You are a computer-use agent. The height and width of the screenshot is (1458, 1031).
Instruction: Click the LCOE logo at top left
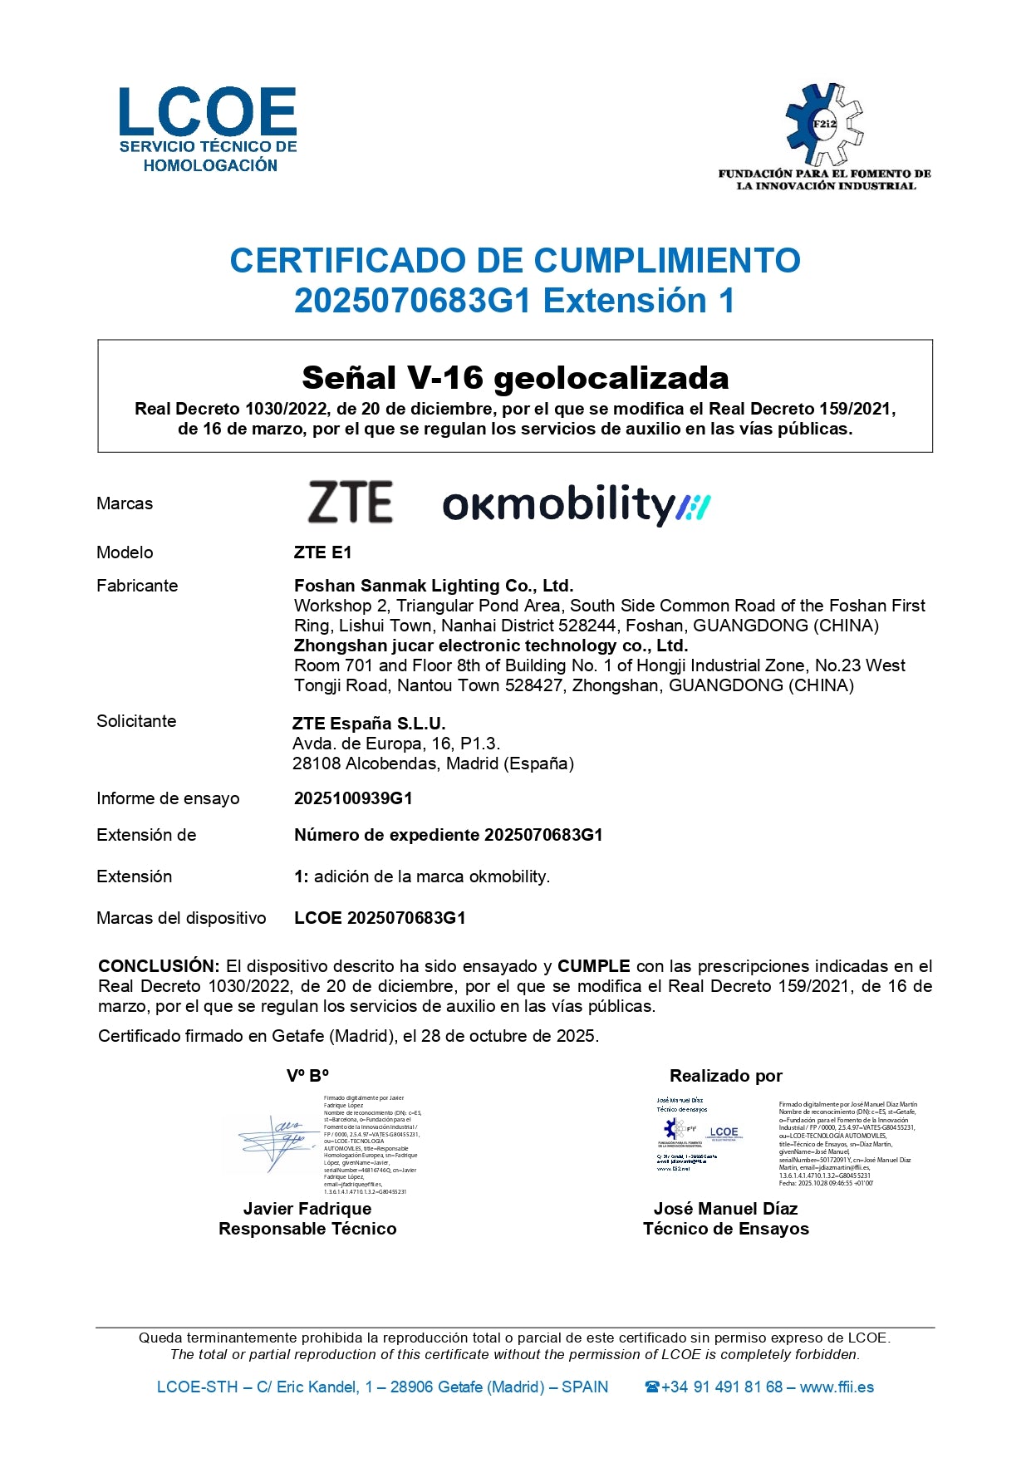point(208,129)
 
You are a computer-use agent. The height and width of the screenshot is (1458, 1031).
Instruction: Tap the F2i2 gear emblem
point(824,124)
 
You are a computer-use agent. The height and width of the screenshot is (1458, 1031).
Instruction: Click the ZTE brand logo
point(350,502)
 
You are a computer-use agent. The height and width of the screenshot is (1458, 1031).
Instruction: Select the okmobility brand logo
point(576,504)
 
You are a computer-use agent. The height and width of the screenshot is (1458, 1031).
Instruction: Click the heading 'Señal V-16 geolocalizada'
point(515,378)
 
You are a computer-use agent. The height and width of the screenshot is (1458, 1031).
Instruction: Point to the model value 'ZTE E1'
point(322,552)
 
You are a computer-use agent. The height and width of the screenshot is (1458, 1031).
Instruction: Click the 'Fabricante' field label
point(137,586)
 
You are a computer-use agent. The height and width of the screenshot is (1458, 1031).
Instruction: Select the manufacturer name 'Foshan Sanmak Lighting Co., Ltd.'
point(434,586)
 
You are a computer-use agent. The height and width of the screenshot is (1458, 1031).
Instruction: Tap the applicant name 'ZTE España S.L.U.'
point(369,724)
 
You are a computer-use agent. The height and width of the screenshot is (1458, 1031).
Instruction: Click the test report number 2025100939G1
point(353,798)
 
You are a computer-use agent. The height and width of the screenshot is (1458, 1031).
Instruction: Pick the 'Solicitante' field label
point(136,721)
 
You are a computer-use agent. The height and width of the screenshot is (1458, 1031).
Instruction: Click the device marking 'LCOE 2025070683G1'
point(380,918)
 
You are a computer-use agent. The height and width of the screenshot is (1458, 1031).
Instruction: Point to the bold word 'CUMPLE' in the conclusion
point(593,966)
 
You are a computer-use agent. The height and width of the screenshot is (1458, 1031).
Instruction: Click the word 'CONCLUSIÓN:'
point(159,966)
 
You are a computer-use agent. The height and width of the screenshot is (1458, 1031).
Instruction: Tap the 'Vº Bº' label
point(307,1076)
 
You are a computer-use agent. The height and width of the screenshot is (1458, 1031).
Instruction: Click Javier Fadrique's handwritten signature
point(274,1142)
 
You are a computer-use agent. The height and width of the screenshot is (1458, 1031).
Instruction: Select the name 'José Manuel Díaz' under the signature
point(725,1209)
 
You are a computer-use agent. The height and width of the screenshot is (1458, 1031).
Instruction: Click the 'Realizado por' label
point(726,1076)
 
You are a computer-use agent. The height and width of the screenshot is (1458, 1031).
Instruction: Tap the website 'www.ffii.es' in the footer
point(837,1387)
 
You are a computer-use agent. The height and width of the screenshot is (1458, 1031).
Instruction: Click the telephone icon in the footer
point(652,1387)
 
